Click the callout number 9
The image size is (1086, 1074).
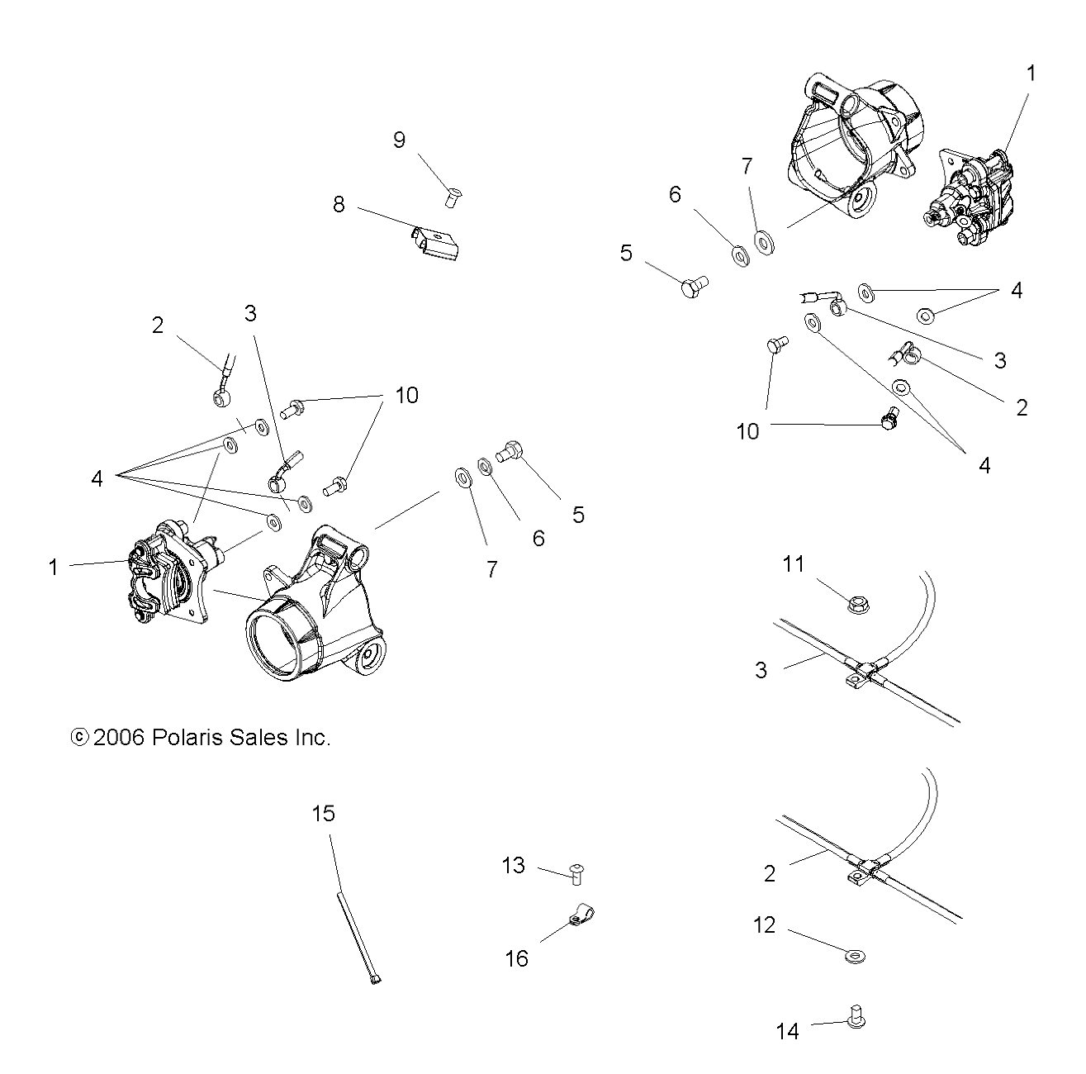[400, 140]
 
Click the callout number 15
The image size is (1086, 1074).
[324, 814]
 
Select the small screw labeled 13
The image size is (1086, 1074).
[577, 872]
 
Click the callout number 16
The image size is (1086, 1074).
[517, 958]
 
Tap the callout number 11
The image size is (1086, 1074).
[794, 564]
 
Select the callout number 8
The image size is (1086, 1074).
[339, 204]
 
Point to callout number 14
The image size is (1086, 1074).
[788, 1031]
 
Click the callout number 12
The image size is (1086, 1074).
[765, 925]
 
